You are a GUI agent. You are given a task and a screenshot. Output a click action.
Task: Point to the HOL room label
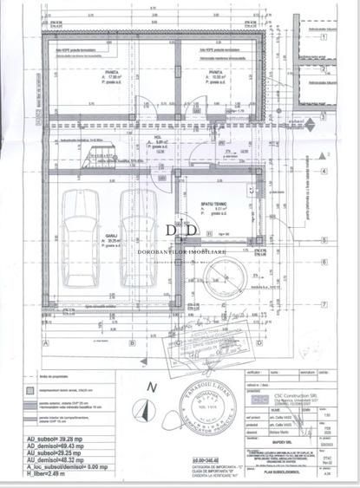(160, 137)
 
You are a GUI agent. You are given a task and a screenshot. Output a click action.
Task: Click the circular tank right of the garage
(219, 283)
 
